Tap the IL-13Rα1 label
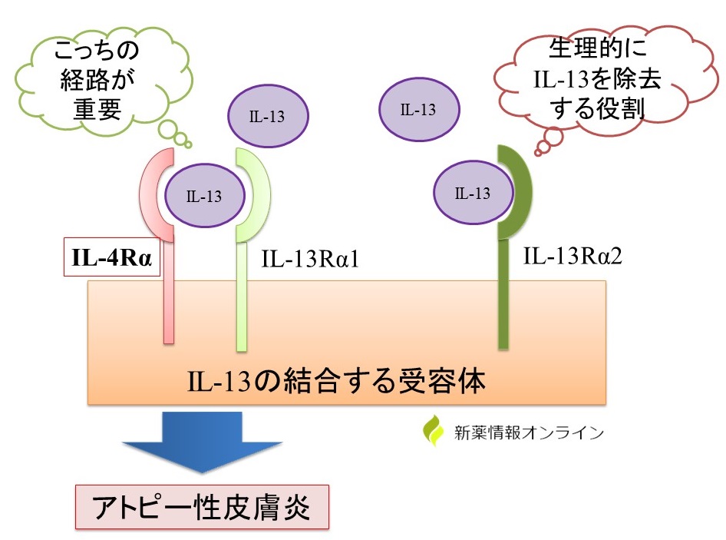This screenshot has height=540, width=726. [x=311, y=260]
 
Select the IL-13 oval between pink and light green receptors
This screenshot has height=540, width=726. [x=204, y=196]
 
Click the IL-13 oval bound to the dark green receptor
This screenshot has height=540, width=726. [x=472, y=193]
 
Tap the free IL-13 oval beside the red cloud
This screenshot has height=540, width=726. [x=418, y=109]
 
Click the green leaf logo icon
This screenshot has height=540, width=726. [x=434, y=431]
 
